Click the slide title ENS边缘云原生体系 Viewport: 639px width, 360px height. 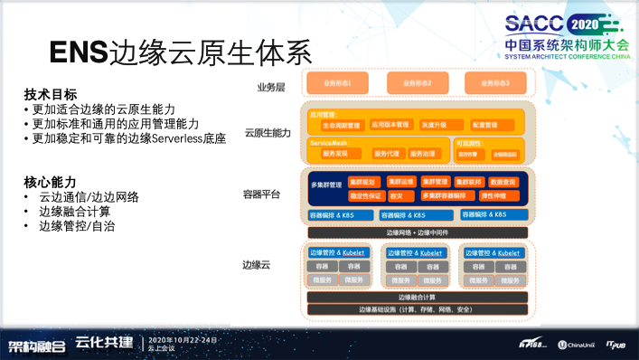[x=180, y=52]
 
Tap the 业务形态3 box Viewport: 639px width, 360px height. [x=494, y=83]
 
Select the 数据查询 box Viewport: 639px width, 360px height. [x=503, y=182]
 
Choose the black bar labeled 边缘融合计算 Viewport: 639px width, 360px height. [x=417, y=297]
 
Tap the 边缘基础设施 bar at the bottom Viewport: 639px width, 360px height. [x=417, y=309]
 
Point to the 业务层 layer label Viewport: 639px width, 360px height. [x=270, y=87]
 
